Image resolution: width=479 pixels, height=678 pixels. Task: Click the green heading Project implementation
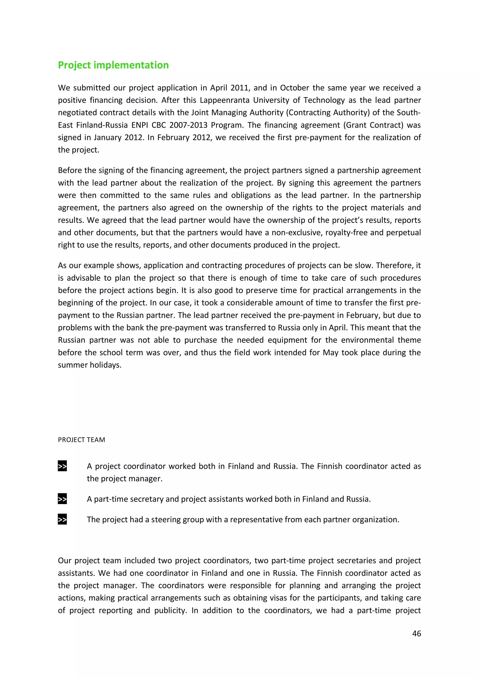[x=113, y=65]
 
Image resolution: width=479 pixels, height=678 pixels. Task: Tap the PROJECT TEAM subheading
[x=81, y=440]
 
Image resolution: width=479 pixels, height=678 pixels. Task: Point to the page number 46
[x=416, y=633]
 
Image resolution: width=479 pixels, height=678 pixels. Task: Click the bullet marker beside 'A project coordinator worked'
[x=62, y=466]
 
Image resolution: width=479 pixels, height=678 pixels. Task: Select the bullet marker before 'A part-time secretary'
[x=62, y=499]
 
